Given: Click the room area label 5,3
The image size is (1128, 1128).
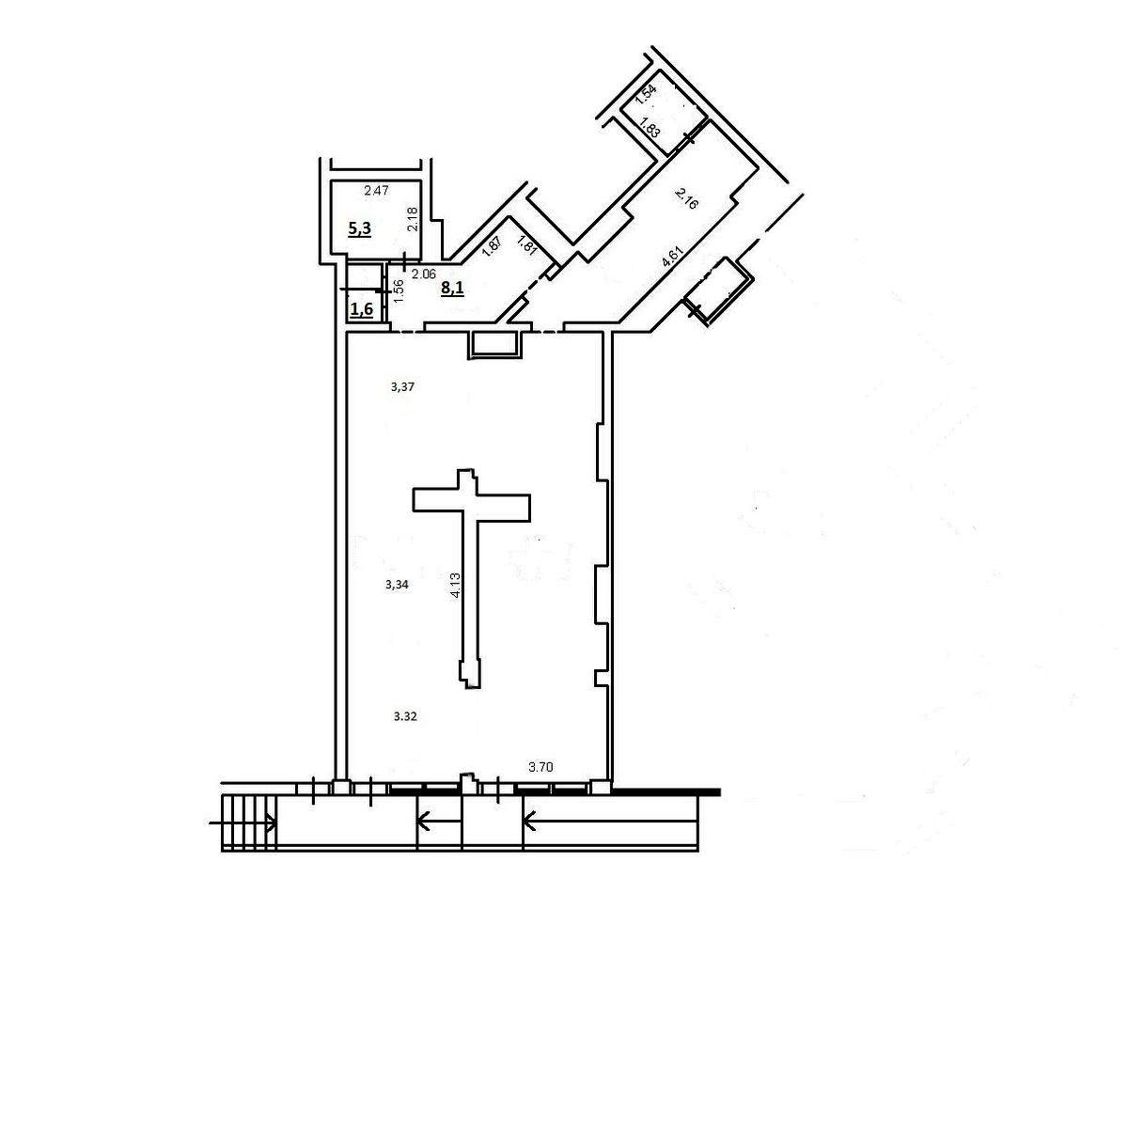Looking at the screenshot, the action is click(360, 228).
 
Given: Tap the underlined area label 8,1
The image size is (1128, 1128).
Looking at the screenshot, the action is click(452, 288).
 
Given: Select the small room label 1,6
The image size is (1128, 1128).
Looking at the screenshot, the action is click(362, 308).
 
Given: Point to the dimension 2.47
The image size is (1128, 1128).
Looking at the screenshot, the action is click(376, 190).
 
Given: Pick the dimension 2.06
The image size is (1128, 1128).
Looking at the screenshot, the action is click(424, 274).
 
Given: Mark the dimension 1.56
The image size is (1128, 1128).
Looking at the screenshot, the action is click(399, 290).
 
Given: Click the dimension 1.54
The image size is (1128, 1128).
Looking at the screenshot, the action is click(646, 95).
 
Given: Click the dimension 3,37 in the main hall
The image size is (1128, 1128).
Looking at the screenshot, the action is click(402, 386).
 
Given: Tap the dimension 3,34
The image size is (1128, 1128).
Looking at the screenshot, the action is click(397, 584).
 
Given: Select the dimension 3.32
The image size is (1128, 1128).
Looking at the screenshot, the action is click(405, 716).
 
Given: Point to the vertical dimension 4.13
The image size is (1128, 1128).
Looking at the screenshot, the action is click(455, 584).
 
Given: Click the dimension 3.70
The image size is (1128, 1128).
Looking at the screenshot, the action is click(540, 767).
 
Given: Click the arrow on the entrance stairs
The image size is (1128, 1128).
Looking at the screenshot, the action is click(243, 823).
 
